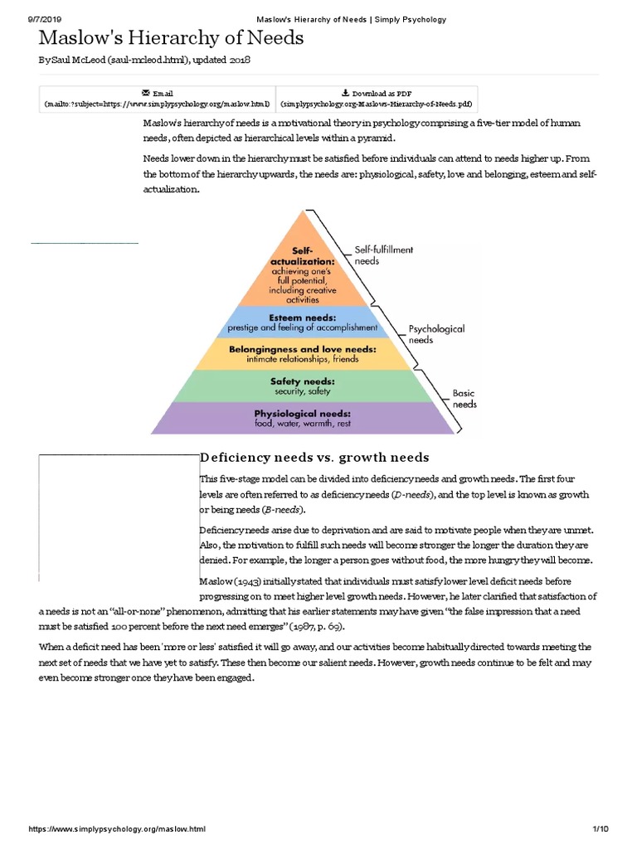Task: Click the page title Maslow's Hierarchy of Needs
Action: point(172,38)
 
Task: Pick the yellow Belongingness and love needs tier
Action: point(302,354)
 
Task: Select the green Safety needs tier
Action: point(302,386)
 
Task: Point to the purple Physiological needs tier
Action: point(302,418)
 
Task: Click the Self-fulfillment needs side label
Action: point(383,255)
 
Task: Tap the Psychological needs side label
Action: point(437,334)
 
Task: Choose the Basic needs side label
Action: point(464,399)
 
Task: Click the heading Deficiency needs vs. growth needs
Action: point(314,458)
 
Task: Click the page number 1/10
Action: point(601,829)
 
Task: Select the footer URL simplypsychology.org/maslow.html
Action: point(116,829)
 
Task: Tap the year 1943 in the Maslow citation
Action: point(255,580)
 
